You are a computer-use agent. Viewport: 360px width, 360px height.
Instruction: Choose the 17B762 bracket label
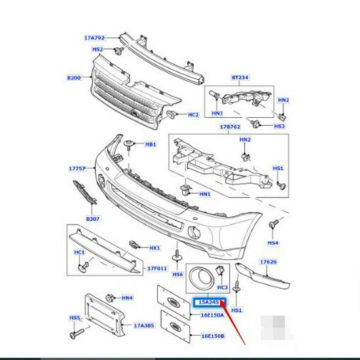tap(230, 127)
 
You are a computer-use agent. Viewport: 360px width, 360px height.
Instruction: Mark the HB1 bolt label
tap(151, 144)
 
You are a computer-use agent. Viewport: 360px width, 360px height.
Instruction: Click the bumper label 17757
tap(77, 168)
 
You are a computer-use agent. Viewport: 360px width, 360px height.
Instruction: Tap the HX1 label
tap(155, 248)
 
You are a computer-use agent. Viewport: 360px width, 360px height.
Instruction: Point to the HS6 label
tap(177, 274)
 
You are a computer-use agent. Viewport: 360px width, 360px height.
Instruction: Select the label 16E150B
tap(212, 335)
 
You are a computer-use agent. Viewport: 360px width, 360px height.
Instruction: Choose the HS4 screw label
tap(273, 243)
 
